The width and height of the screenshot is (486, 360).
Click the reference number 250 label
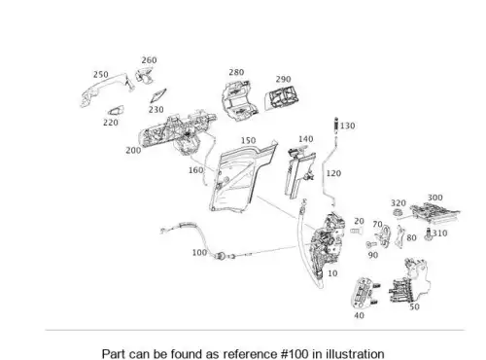101,75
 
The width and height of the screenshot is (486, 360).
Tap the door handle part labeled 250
105,86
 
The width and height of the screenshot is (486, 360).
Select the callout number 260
149,60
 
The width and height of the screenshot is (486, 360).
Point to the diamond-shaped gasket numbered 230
158,96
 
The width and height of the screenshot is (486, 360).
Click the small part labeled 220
116,111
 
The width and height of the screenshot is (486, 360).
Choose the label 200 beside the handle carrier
133,151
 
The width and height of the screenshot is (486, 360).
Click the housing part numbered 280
239,100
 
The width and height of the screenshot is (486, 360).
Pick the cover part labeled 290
281,97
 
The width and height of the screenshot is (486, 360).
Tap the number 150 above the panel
248,140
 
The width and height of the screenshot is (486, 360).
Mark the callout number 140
305,139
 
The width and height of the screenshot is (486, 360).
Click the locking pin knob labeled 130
336,124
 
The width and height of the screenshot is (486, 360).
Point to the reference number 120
333,173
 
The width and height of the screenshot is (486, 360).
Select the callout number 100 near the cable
199,252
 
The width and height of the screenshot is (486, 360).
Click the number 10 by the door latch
332,273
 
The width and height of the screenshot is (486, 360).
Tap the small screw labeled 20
356,231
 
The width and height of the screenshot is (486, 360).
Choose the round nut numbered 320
397,213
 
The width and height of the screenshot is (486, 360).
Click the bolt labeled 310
429,234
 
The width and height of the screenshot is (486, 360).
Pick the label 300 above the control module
434,198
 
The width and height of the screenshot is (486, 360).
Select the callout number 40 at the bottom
359,315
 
